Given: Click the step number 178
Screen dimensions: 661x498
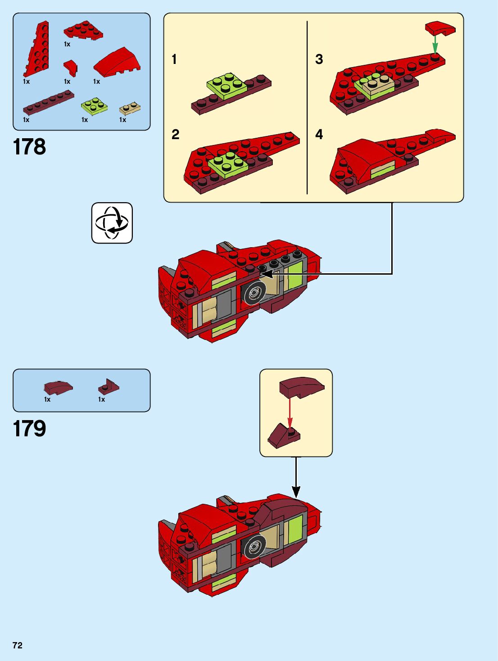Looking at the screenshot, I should [x=29, y=147].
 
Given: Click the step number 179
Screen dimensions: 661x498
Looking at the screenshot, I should [x=29, y=428].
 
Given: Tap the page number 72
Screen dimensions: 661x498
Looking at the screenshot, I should [x=18, y=645].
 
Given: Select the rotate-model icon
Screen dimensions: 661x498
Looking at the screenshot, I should [x=112, y=223].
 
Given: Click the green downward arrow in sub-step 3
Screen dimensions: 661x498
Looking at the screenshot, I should [x=435, y=44].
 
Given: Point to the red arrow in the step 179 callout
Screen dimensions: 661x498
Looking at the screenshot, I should [x=290, y=412].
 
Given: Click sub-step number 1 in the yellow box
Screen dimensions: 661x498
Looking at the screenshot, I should [x=174, y=59].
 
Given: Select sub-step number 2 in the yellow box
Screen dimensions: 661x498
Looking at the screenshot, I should [x=175, y=134].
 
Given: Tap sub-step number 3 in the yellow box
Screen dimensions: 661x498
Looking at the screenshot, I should [x=319, y=59].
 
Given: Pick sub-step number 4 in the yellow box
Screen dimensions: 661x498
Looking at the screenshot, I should [x=319, y=134].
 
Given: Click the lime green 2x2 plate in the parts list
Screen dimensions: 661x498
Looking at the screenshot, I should [x=94, y=106].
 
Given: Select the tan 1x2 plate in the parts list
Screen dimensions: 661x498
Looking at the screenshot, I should [x=130, y=108].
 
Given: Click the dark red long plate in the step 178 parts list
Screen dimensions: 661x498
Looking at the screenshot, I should [x=48, y=103].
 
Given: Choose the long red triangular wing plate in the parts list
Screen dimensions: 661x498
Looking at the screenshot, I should [x=37, y=50].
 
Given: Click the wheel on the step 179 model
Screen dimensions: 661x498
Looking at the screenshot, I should [x=254, y=547].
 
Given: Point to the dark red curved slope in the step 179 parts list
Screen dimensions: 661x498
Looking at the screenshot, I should [x=58, y=387].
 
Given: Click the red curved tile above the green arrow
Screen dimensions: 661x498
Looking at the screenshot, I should [x=440, y=28].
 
